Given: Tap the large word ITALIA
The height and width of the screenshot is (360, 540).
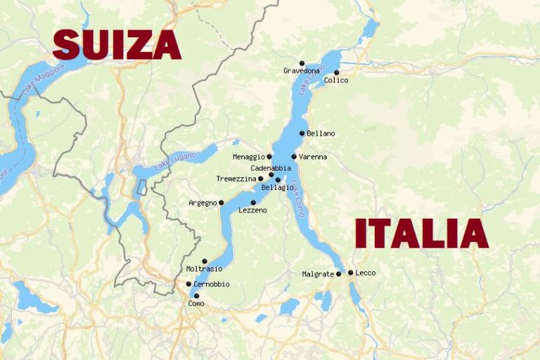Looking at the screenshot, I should pyautogui.click(x=421, y=233).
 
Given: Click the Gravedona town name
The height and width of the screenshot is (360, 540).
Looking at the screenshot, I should pyautogui.click(x=302, y=71).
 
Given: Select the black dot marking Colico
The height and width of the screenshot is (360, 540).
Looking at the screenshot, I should pyautogui.click(x=337, y=72).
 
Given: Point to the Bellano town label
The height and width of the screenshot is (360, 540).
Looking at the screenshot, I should pyautogui.click(x=321, y=134).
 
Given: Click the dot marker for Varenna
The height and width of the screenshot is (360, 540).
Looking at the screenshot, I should pyautogui.click(x=294, y=157).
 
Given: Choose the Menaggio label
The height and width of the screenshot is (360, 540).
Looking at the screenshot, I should pyautogui.click(x=248, y=157).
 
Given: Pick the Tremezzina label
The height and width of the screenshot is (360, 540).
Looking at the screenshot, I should pyautogui.click(x=236, y=179).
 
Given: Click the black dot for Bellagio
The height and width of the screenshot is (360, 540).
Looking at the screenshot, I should pyautogui.click(x=278, y=180).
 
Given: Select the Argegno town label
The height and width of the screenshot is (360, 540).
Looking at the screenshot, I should pyautogui.click(x=202, y=203).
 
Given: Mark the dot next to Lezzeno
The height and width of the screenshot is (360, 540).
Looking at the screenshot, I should pyautogui.click(x=253, y=202).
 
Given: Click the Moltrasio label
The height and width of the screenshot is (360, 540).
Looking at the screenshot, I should pyautogui.click(x=204, y=269).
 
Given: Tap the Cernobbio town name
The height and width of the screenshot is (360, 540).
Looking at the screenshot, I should pyautogui.click(x=212, y=284).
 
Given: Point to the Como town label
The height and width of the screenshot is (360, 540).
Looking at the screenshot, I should pyautogui.click(x=196, y=304).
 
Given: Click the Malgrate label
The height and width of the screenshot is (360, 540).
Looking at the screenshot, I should pyautogui.click(x=318, y=274).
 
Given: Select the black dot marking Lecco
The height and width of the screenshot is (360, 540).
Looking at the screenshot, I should pyautogui.click(x=351, y=273).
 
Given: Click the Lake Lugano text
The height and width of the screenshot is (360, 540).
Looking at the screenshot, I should pyautogui.click(x=172, y=162).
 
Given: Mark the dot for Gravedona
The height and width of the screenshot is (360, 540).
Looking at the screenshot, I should pyautogui.click(x=302, y=63).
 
